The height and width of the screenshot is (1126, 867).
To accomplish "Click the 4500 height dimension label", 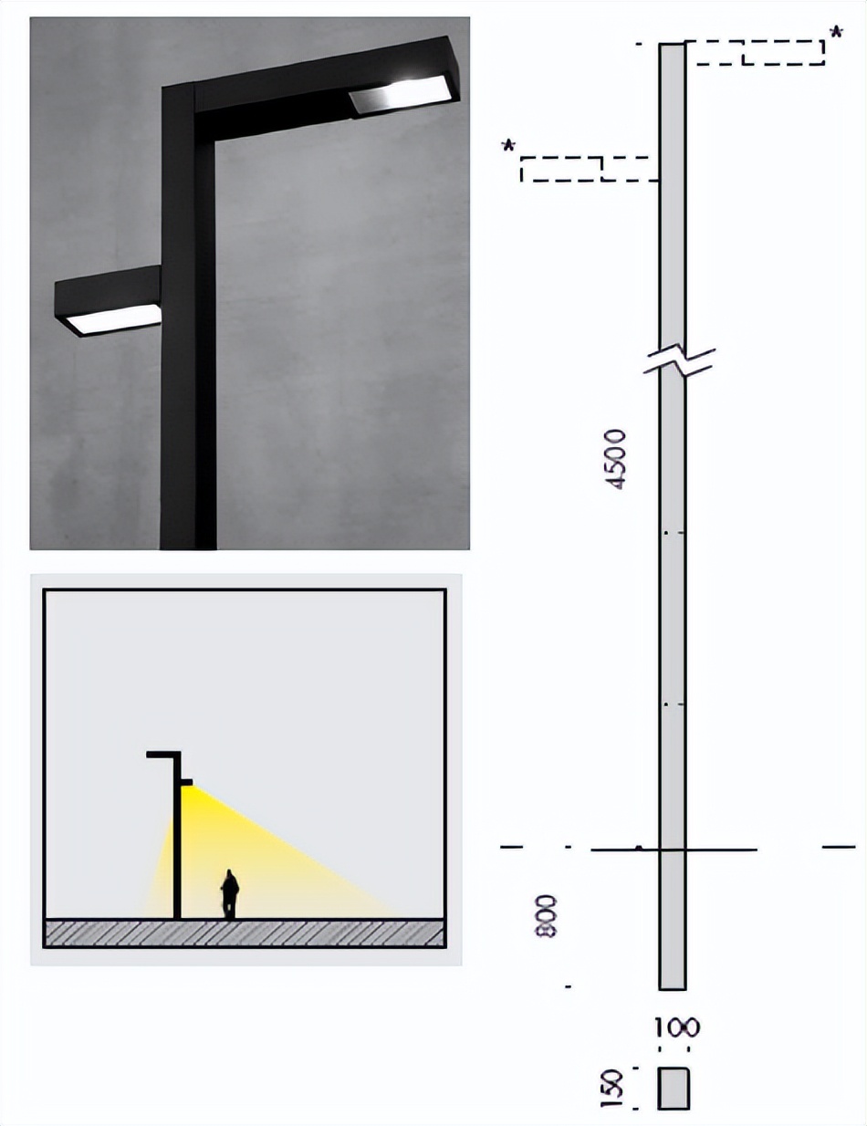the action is click(618, 459).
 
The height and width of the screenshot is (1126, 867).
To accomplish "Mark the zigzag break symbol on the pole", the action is click(679, 360).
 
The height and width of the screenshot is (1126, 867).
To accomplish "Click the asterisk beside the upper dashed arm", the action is click(835, 33).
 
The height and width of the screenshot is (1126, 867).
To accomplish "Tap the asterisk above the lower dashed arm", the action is click(509, 146).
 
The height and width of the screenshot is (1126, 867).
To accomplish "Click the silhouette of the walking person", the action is click(230, 893).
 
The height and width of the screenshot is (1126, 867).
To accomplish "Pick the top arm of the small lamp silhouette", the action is click(163, 755).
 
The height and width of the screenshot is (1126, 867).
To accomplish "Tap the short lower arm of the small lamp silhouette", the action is click(186, 782).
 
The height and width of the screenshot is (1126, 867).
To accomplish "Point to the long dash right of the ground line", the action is click(839, 847).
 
